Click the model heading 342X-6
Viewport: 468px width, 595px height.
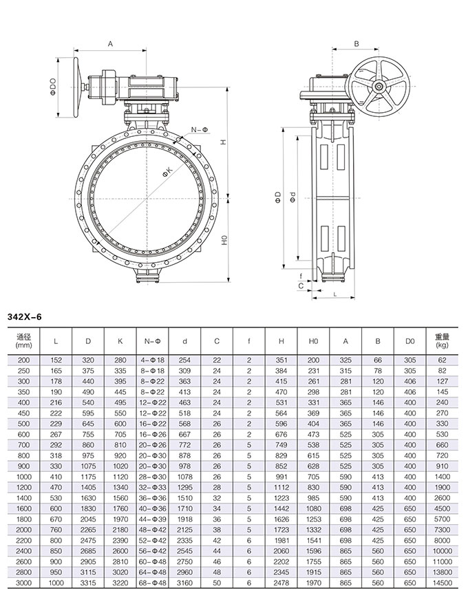(x=24, y=317)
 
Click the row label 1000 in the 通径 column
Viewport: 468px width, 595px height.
(x=24, y=476)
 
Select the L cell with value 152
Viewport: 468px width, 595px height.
(x=56, y=359)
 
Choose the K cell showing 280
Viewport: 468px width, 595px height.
(x=120, y=359)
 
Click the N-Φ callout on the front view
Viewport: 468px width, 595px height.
(x=200, y=129)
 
